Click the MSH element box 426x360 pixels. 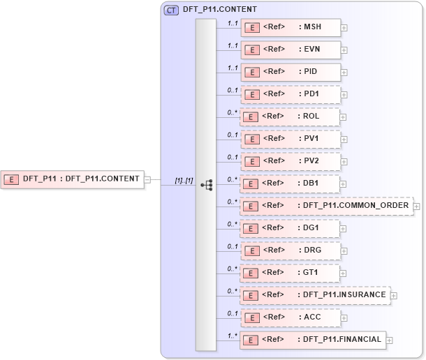[291, 28]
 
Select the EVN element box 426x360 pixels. [291, 50]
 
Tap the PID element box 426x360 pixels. [291, 72]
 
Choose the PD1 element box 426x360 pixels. [291, 94]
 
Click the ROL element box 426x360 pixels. [291, 117]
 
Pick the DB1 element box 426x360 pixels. [291, 183]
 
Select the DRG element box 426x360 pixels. [291, 250]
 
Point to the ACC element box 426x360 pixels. [291, 317]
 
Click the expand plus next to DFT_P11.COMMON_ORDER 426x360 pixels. [416, 207]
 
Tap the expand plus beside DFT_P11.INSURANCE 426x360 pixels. [394, 296]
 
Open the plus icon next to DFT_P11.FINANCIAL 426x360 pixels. [390, 340]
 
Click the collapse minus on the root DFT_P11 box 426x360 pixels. [147, 179]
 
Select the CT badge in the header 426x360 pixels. [170, 10]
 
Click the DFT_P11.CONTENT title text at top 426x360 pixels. [219, 10]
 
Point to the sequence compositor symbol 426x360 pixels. [206, 185]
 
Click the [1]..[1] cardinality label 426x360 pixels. [184, 181]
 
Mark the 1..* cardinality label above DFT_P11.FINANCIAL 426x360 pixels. [233, 335]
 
